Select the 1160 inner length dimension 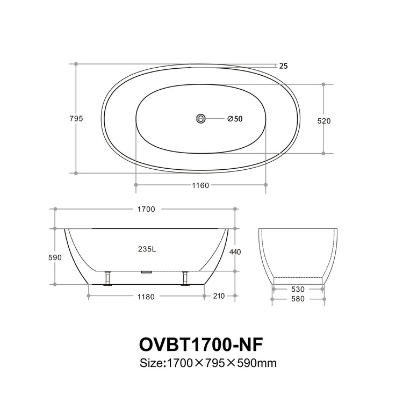coord(200,185)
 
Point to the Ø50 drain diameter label coord(235,119)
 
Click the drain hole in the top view coord(201,118)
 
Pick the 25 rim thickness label coord(284,66)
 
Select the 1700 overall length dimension coord(146,209)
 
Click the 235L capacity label coord(147,249)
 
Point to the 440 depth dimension coord(235,251)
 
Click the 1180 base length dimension coord(146,297)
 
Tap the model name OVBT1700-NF coord(201,343)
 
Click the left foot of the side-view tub coord(108,279)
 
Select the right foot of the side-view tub coord(186,279)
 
